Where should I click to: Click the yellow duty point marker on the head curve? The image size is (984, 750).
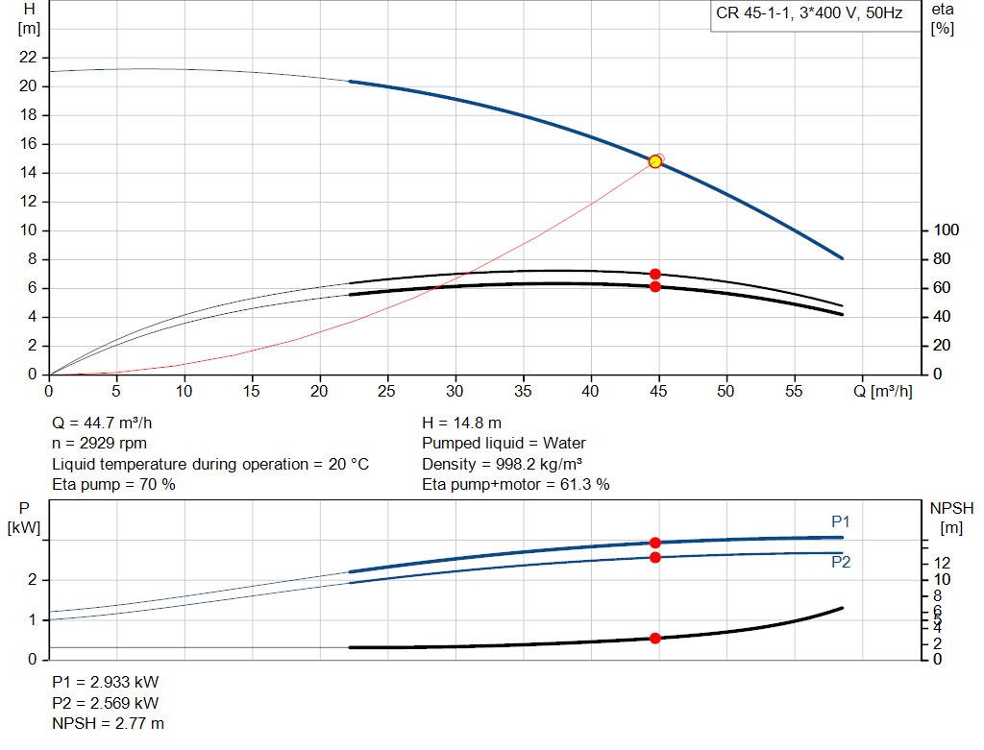coord(655,161)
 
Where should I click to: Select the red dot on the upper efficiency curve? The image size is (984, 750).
coord(655,274)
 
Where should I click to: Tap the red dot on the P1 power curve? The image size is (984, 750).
coord(655,543)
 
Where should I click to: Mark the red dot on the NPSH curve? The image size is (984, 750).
coord(655,638)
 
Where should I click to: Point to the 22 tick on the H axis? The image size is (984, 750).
coord(29,58)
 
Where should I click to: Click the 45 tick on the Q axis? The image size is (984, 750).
coord(657,391)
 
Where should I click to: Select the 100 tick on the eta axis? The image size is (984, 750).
coord(947,230)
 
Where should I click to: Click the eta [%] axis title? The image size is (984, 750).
coord(942,18)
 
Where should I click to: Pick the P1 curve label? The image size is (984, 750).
coord(841,521)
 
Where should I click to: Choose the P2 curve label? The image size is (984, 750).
coord(841,563)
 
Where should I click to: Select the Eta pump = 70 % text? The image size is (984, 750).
coord(113,485)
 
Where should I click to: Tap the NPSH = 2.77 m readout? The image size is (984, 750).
coord(108,723)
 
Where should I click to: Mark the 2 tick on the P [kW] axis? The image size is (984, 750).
coord(32,580)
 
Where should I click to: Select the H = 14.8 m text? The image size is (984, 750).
coord(462,423)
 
